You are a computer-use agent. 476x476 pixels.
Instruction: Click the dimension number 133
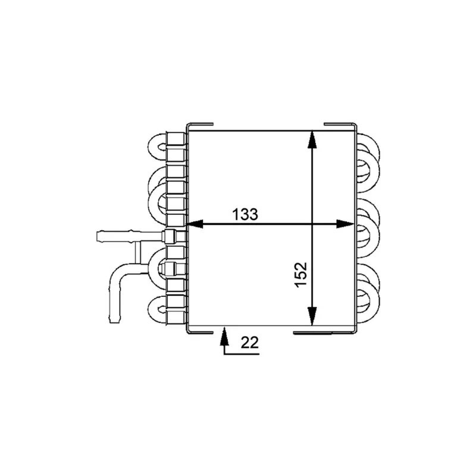click(245, 214)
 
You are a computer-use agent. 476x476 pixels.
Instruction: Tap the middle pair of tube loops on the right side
click(367, 223)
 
